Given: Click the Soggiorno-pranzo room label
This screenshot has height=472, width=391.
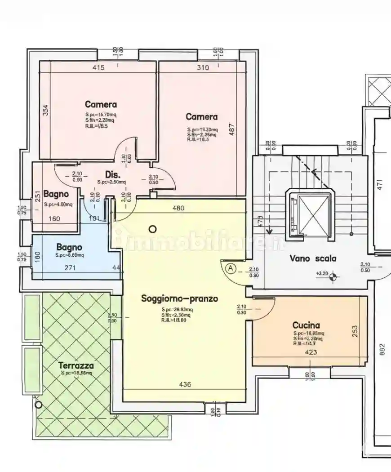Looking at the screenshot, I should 179,298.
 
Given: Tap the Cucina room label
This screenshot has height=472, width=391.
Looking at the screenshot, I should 306,325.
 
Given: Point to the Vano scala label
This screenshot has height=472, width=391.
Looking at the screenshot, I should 313,258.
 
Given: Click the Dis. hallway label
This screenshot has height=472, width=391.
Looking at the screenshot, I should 111,174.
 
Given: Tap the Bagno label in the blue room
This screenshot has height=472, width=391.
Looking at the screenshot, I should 69,247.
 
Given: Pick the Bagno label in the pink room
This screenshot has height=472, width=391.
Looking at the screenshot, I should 56,194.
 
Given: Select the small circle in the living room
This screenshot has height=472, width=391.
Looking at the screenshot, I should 152,229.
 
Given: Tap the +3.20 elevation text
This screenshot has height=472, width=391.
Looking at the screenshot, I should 321,273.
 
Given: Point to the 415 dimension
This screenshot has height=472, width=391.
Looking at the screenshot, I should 98,68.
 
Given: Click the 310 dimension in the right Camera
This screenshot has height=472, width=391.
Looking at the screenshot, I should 203,68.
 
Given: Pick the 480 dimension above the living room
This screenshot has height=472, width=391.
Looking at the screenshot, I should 179,208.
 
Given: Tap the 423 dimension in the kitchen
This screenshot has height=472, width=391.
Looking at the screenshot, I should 311,352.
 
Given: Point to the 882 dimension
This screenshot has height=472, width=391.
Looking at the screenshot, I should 382,350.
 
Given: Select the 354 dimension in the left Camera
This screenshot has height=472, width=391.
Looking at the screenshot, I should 45,111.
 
